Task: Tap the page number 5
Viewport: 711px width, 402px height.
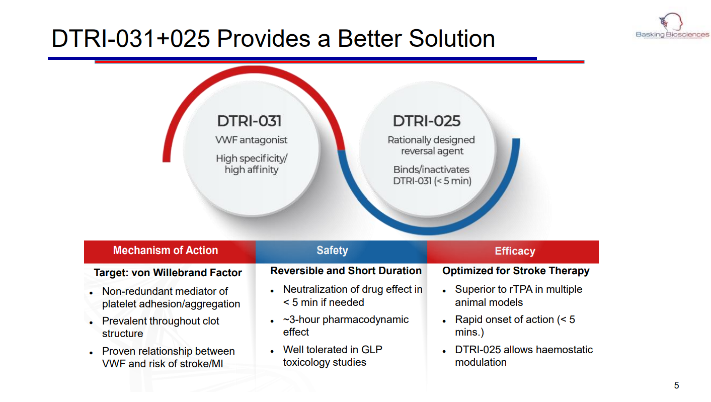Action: [676, 385]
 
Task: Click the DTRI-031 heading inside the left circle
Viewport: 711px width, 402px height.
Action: [249, 121]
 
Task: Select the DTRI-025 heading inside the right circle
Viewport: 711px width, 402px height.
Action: [427, 121]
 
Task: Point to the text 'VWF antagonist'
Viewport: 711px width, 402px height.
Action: [251, 140]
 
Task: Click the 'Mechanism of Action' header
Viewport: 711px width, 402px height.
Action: [166, 251]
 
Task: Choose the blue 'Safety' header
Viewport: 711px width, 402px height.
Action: [332, 251]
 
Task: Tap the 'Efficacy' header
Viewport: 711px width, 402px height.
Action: [515, 251]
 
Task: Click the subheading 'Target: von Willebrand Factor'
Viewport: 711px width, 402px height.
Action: [168, 273]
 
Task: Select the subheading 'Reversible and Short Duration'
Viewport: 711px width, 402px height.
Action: [346, 271]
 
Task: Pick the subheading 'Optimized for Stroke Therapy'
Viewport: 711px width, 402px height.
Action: [516, 271]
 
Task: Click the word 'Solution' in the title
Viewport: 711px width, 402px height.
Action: [452, 39]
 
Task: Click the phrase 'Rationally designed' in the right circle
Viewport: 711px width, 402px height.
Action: [431, 140]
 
